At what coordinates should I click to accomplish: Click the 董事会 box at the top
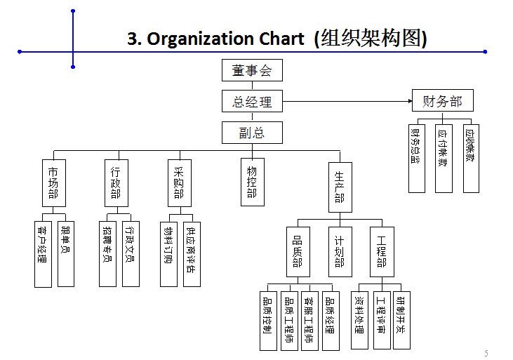[x=251, y=70]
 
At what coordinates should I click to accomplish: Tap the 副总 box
[x=251, y=133]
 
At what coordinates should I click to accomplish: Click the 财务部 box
[x=442, y=101]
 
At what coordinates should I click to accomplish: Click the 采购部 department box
[x=179, y=183]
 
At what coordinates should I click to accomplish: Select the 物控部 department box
[x=252, y=183]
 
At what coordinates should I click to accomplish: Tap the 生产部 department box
[x=340, y=187]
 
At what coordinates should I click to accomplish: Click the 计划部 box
[x=340, y=251]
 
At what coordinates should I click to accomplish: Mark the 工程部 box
[x=382, y=251]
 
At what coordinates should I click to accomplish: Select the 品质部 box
[x=298, y=251]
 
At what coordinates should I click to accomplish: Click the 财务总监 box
[x=417, y=159]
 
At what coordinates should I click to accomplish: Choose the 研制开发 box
[x=401, y=319]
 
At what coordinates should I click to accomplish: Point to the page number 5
[x=486, y=352]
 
